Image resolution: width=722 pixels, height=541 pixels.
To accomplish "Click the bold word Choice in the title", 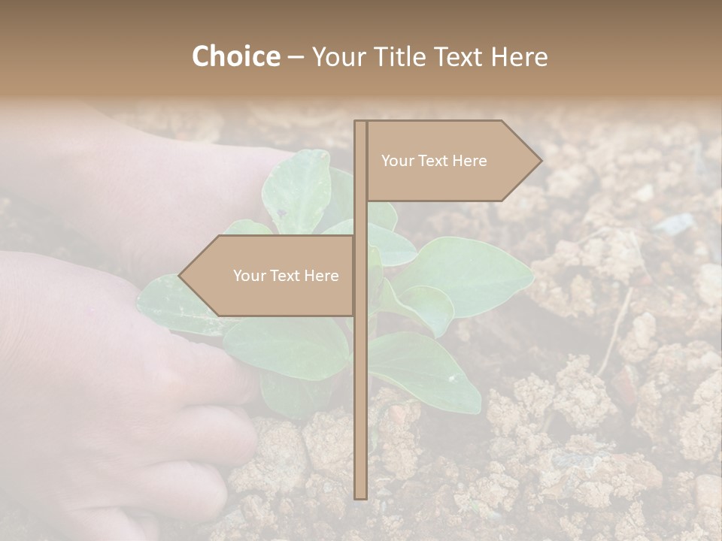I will [x=235, y=57].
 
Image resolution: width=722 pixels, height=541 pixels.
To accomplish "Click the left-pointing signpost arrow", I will [x=271, y=276].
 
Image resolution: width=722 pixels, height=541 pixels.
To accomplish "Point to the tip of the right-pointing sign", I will [x=540, y=161].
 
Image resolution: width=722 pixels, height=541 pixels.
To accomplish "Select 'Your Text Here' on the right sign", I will [x=434, y=161].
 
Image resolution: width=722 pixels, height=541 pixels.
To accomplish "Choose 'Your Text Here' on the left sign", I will [x=286, y=276].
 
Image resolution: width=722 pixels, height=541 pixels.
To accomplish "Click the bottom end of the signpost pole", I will [x=360, y=496].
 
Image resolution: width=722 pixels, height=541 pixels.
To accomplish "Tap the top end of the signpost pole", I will [x=360, y=123].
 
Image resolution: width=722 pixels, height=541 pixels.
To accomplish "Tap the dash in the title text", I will [x=296, y=57].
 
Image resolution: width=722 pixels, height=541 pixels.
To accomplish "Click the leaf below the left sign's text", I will [x=286, y=346].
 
